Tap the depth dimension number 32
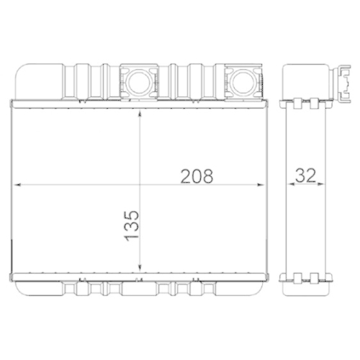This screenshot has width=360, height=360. (x=305, y=175)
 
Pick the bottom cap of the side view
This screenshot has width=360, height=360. (x=306, y=284)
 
